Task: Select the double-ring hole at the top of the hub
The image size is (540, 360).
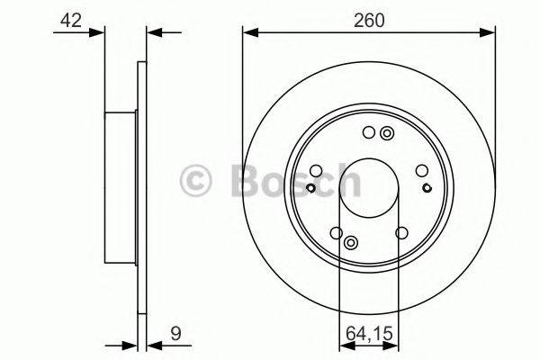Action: pos(387,134)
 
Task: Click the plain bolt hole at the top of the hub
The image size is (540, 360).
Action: pos(368,134)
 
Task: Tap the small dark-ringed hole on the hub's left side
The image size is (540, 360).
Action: pos(310,187)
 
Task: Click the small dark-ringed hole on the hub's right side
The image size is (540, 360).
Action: pos(426,187)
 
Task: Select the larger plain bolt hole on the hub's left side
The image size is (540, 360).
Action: pos(316,170)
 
